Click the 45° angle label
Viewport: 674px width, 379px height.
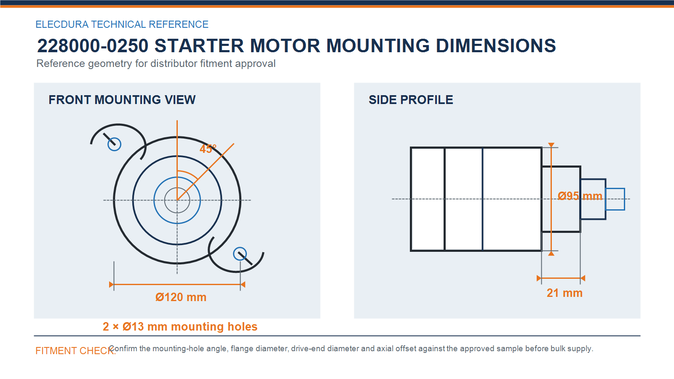click(208, 149)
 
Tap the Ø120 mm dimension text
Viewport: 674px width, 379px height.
click(181, 297)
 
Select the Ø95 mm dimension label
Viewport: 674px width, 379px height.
click(580, 196)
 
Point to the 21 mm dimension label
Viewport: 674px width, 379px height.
click(564, 293)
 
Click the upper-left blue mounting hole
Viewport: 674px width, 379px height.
click(114, 144)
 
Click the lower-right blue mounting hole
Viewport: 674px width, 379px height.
click(240, 254)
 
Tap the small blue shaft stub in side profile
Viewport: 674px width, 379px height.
click(615, 199)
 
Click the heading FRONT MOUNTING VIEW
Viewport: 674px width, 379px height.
click(122, 100)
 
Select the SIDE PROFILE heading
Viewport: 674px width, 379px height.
click(411, 100)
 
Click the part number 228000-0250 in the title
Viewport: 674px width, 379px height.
click(93, 46)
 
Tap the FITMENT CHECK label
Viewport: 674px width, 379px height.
click(75, 351)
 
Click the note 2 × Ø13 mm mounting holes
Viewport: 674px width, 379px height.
click(180, 327)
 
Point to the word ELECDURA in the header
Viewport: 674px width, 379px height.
click(62, 24)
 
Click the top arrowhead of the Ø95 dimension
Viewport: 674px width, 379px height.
click(551, 145)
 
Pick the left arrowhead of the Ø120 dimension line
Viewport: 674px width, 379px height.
click(111, 285)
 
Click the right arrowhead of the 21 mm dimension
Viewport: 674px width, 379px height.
click(583, 278)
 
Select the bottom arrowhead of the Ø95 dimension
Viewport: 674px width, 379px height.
click(551, 254)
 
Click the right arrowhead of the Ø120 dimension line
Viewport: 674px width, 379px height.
click(243, 285)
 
